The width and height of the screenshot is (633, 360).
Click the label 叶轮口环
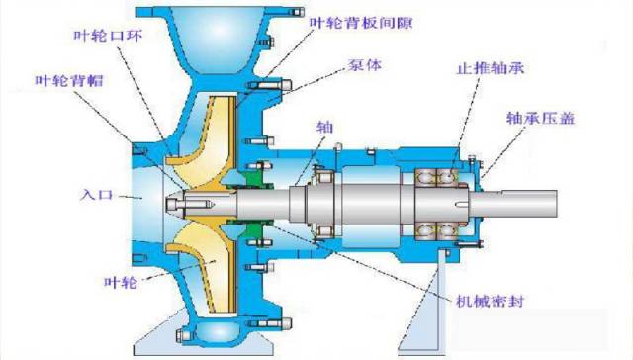108,36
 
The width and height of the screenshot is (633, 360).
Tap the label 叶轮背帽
69,81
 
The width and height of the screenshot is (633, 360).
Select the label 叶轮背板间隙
361,22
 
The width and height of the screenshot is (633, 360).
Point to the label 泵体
364,64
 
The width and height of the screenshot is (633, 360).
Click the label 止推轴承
491,67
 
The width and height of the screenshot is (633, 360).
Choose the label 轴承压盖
541,118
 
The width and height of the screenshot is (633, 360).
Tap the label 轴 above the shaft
325,127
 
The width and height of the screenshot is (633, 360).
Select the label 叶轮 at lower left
121,281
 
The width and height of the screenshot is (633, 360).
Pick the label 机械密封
490,301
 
